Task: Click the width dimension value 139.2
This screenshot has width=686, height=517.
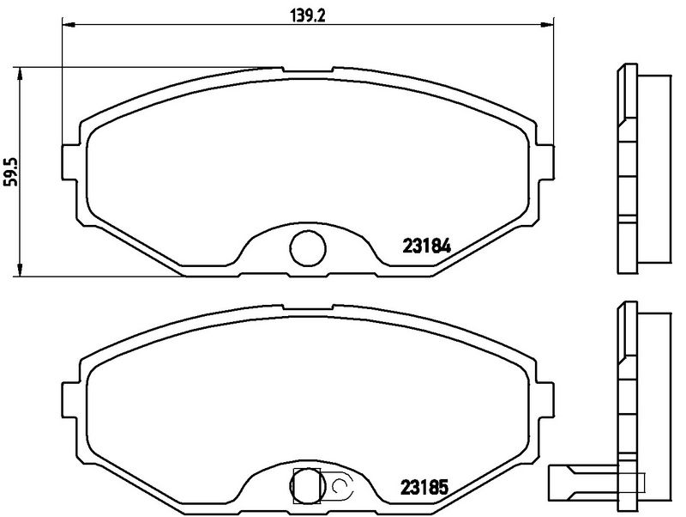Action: tap(305, 15)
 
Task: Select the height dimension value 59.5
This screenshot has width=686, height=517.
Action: tap(10, 171)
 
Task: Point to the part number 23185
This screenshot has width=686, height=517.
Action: tap(426, 485)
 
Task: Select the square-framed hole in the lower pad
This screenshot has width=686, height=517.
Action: tap(306, 485)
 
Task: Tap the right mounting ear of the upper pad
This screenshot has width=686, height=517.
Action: tap(545, 158)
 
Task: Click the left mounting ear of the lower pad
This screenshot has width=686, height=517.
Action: tap(72, 400)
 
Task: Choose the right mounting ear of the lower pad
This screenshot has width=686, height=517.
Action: tap(545, 398)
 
